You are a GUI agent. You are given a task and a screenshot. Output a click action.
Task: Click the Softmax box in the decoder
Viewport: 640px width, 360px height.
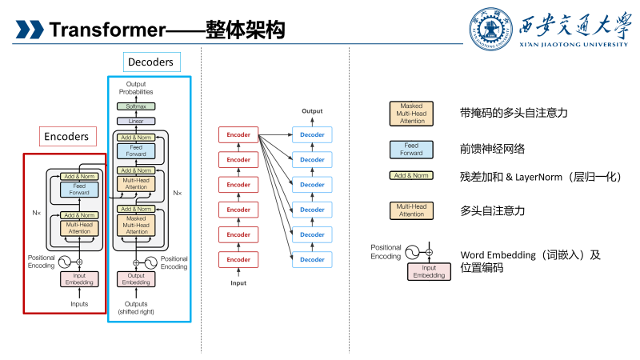[135, 106]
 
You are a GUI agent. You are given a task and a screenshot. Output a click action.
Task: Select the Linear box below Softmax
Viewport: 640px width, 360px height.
[135, 121]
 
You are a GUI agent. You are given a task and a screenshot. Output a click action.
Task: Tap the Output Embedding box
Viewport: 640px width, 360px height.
[135, 279]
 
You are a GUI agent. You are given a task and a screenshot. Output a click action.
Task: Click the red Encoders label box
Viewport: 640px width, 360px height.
[66, 137]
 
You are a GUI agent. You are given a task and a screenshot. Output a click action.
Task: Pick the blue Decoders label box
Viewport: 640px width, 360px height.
[151, 62]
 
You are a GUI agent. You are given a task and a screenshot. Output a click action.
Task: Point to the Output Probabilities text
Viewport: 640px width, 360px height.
[135, 88]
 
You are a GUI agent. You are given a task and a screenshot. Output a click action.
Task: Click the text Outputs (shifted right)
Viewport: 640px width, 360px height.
[135, 307]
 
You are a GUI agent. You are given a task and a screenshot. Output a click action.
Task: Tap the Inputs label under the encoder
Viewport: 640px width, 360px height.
[79, 304]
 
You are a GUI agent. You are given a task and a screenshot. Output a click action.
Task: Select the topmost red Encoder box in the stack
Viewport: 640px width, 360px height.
[238, 134]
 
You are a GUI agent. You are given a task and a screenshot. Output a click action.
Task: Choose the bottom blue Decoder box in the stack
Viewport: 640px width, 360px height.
[312, 259]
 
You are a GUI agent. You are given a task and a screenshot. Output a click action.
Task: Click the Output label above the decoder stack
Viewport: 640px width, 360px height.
[312, 111]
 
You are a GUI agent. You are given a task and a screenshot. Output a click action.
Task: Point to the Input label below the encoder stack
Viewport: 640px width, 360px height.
[238, 283]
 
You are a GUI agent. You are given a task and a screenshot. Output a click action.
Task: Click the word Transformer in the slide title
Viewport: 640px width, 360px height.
[106, 30]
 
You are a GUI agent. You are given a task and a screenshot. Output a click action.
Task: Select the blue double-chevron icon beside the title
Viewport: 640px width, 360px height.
[30, 30]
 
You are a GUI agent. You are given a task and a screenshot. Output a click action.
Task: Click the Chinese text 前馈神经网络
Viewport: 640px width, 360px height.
[493, 150]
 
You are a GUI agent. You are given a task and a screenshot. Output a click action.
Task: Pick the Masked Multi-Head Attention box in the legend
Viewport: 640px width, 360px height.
[411, 114]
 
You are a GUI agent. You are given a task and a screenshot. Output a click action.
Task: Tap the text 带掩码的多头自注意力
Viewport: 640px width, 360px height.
[514, 114]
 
